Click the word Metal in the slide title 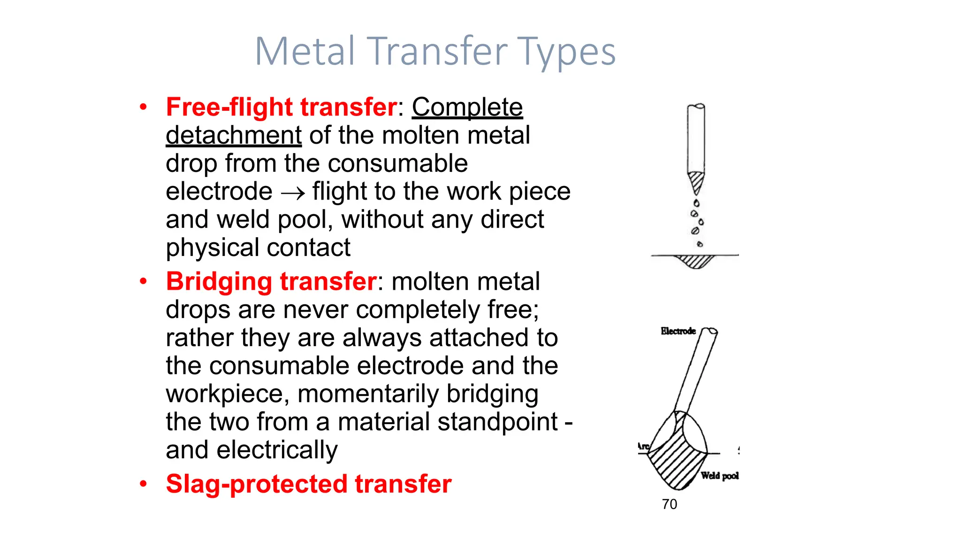(x=305, y=51)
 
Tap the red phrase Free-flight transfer (x=282, y=107)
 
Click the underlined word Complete (x=467, y=107)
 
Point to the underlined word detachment (x=234, y=135)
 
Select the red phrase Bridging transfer (x=271, y=281)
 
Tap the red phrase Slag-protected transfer (x=308, y=484)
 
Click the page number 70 (x=669, y=504)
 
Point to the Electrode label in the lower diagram (x=678, y=331)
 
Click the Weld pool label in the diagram (x=719, y=476)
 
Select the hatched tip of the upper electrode (x=696, y=181)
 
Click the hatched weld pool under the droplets (x=695, y=261)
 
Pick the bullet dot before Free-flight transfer (x=143, y=107)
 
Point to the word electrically (x=277, y=450)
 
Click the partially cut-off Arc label (x=643, y=447)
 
